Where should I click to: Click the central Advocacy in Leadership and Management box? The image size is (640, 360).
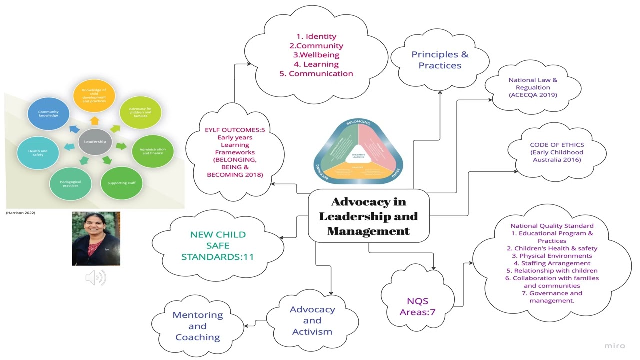pos(368,216)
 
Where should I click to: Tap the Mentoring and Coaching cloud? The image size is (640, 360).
pos(197,326)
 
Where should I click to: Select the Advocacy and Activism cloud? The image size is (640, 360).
pos(312,320)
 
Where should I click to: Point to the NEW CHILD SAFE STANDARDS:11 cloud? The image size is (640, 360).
pos(217,246)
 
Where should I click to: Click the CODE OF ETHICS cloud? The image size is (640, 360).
pos(556,152)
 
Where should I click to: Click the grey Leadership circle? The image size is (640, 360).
pos(95,141)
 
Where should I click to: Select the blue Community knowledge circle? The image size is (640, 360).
pos(48,114)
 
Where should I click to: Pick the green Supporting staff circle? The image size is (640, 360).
pos(121,183)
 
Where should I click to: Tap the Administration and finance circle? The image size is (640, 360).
pos(152,151)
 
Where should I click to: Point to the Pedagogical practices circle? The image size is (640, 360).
pos(70,183)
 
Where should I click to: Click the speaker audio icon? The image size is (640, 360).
pos(95,277)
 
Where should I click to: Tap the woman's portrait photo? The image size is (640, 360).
pos(96,238)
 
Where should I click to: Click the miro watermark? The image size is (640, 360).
pos(615,345)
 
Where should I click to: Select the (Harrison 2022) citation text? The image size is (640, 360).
pos(21,213)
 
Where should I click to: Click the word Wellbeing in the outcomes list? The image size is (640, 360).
pos(316,55)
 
